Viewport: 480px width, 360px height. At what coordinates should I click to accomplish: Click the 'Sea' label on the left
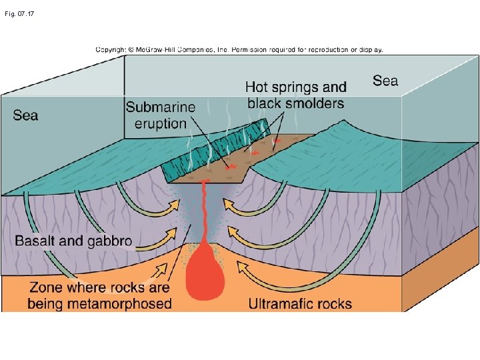coord(26,115)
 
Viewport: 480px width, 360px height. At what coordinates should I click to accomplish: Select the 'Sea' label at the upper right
coord(385,81)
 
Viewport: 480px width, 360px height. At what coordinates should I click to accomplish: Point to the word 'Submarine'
coord(161,107)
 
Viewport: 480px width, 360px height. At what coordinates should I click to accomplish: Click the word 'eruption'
coord(161,123)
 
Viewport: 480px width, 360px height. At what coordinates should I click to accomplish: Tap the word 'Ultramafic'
coord(281,304)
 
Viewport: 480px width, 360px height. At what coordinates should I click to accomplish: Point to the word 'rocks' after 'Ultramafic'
coord(334,304)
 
